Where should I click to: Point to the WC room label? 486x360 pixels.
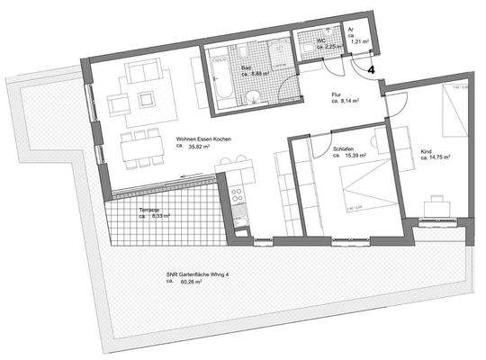[x=321, y=40]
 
